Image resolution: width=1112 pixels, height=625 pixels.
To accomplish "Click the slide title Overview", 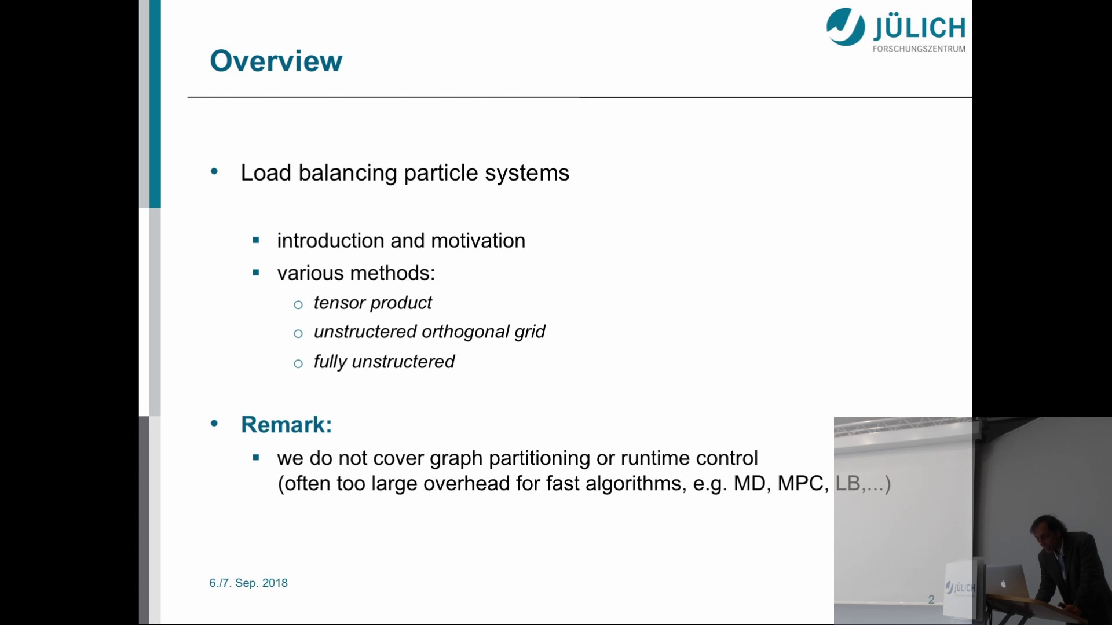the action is point(276,61).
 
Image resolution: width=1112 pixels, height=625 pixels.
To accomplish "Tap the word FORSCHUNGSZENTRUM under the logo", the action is point(919,49).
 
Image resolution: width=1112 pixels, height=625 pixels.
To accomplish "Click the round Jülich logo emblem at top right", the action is point(846,27).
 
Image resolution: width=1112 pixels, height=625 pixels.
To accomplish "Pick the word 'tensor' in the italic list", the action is point(339,303).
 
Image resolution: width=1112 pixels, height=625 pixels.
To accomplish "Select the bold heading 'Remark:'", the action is point(287,425).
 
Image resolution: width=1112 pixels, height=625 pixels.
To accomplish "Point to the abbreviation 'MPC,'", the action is point(803,484).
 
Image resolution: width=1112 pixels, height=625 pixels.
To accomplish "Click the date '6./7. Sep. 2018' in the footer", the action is point(248,583).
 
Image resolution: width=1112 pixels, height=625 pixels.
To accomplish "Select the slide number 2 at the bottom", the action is point(931,600).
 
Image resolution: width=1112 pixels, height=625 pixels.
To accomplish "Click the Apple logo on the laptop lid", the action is point(1004,584).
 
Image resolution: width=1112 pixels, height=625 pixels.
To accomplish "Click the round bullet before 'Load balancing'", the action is point(214,171).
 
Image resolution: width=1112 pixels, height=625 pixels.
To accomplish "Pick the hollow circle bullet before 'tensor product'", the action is point(298,305).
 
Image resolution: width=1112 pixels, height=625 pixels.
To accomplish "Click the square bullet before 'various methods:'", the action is point(256,273).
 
